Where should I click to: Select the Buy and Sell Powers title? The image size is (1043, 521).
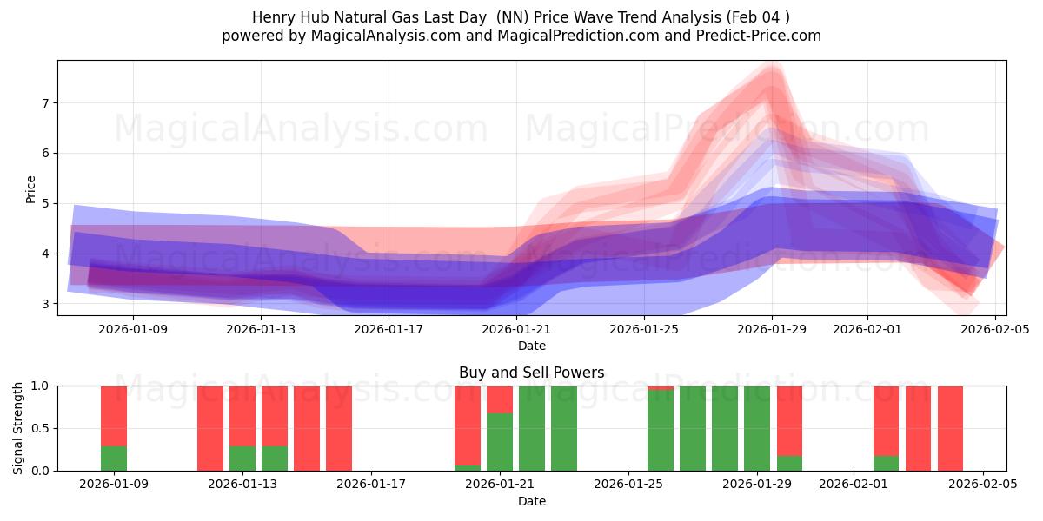[531, 373]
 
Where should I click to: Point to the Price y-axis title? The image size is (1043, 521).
[31, 188]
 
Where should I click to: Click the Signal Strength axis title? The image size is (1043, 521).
[18, 427]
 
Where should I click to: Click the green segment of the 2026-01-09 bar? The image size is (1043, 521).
[114, 458]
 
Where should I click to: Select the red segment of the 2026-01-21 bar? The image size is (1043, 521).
[500, 399]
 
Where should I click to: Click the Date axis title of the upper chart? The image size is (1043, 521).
[531, 346]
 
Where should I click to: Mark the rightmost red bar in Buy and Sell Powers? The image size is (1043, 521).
[950, 428]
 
